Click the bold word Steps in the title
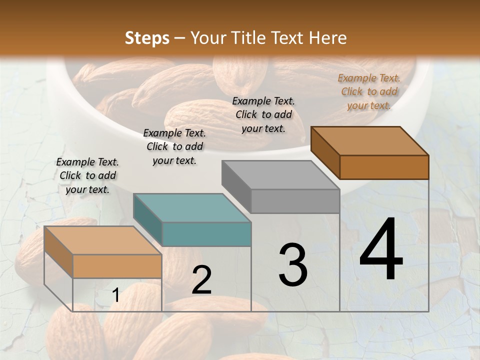click(147, 38)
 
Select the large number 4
click(381, 250)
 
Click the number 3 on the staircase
click(292, 264)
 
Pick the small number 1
click(115, 295)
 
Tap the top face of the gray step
click(280, 175)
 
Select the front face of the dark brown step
click(384, 167)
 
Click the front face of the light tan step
click(117, 266)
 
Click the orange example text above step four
click(369, 91)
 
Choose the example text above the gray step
click(263, 114)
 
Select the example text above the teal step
click(174, 146)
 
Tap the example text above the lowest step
click(87, 175)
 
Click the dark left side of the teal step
click(147, 220)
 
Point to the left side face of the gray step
click(236, 186)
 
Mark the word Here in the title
click(328, 38)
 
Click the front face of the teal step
click(206, 234)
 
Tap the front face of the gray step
click(295, 201)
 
